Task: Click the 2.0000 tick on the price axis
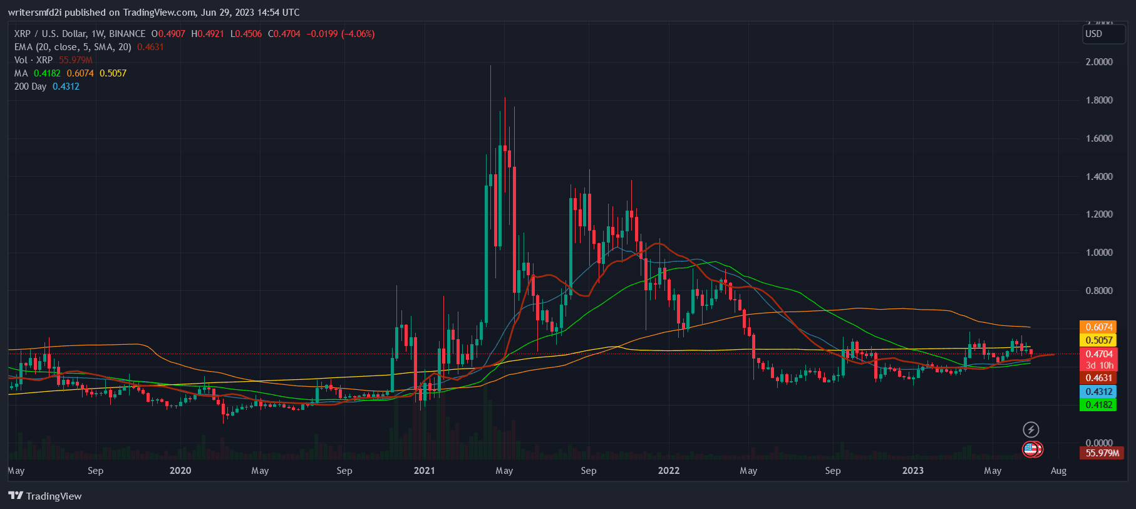pos(1099,61)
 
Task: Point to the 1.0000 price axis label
pos(1099,252)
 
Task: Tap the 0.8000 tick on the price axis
pos(1099,290)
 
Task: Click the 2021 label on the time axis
pos(424,470)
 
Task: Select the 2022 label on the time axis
pos(668,470)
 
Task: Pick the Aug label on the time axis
pos(1058,470)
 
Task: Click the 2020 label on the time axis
pos(180,470)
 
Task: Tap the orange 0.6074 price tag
pos(1099,327)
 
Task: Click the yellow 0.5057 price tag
pos(1099,340)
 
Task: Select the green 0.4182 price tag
pos(1099,404)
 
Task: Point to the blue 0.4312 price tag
pos(1099,391)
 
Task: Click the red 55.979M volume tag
pos(1102,453)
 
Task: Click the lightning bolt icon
pos(1031,429)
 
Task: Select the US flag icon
pos(1031,449)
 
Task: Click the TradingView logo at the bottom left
pos(45,496)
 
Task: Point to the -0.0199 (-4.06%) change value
pos(341,34)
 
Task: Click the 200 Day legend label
pos(30,87)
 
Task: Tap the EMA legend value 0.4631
pos(150,47)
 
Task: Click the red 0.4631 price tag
pos(1099,377)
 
